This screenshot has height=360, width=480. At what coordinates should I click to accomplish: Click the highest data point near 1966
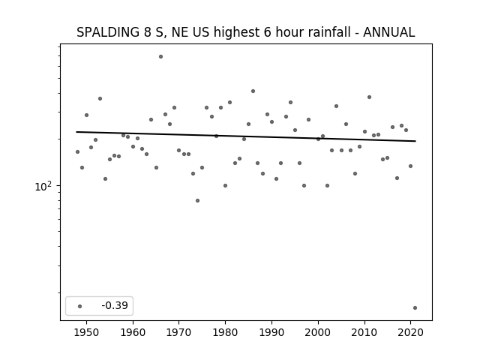(x=160, y=57)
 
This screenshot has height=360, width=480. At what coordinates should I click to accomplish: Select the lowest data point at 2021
(x=415, y=308)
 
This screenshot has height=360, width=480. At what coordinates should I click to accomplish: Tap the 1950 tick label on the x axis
(x=87, y=332)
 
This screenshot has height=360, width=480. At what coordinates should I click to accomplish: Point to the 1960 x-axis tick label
(x=133, y=332)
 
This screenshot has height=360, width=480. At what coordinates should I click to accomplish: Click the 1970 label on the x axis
(x=179, y=332)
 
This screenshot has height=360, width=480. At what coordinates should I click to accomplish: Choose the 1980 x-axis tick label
(x=225, y=332)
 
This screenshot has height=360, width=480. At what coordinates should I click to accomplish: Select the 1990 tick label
(x=271, y=332)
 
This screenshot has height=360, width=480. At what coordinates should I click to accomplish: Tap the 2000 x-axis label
(x=318, y=332)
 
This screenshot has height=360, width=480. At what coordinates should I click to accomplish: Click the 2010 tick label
(x=364, y=332)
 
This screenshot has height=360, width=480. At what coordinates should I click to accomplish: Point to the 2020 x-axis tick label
(x=410, y=332)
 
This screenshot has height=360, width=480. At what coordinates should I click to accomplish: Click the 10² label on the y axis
(x=43, y=186)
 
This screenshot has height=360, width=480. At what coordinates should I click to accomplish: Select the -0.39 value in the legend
(x=115, y=305)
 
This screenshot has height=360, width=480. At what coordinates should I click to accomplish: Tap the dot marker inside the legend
(x=80, y=306)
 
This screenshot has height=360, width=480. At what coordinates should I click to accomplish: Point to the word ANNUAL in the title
(x=389, y=32)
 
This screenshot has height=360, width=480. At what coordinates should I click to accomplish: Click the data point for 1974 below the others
(x=197, y=201)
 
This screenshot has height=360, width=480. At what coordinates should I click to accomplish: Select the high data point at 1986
(x=253, y=91)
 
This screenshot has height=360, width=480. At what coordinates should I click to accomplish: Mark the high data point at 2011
(x=369, y=97)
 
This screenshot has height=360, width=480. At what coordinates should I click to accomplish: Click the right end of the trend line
(x=415, y=141)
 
